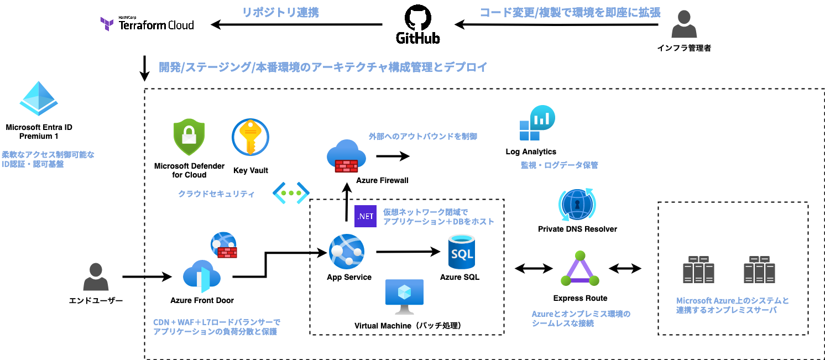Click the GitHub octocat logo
(x=417, y=17)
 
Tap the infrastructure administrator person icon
(x=684, y=24)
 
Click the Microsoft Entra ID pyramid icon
(x=39, y=98)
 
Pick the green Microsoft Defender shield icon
(x=189, y=137)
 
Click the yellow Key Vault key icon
(x=250, y=137)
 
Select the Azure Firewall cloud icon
(x=346, y=156)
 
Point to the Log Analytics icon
(x=537, y=123)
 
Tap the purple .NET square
(x=365, y=216)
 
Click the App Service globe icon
(x=347, y=251)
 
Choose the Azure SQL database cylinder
(x=462, y=252)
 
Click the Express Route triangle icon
(x=580, y=268)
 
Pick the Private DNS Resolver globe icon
(x=577, y=205)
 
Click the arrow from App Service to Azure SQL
(x=408, y=252)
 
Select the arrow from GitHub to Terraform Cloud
(x=296, y=25)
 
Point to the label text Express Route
(x=580, y=298)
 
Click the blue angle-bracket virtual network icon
(x=291, y=192)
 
